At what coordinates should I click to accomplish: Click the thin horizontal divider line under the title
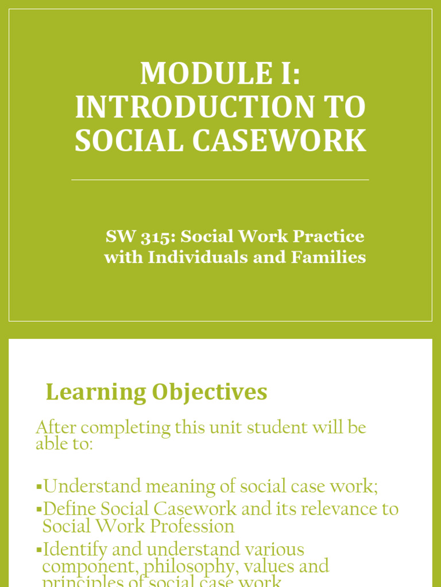point(220,180)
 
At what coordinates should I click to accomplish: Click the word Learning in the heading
point(96,393)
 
